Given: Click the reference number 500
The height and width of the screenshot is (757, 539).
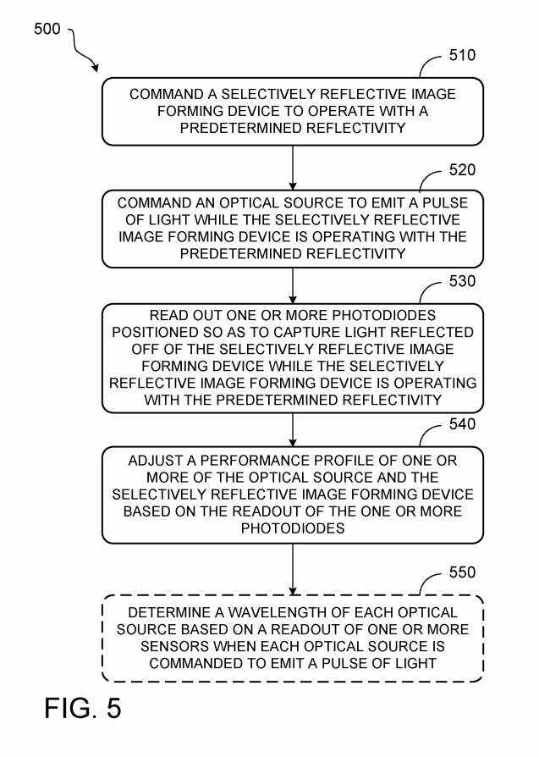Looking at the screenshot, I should coord(47,29).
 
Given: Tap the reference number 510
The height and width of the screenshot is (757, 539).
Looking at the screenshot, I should coord(461,56).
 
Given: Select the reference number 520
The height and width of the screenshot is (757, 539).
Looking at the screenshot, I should coord(461,169).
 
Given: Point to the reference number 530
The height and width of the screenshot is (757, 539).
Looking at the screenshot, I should coord(461,281).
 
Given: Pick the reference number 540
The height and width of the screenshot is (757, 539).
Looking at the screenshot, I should coord(461,423).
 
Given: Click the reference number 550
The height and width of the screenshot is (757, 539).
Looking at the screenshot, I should coord(461,572).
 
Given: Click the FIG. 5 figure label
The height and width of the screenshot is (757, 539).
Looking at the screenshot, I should coord(83,708).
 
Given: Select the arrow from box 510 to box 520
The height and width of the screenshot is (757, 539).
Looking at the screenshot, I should coord(293,168).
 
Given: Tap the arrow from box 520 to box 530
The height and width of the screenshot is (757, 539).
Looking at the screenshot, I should coord(293,285).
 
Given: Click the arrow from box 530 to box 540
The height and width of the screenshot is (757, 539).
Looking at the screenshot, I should coord(293,430).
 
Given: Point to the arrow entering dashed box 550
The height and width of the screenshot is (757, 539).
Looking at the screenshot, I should coord(293,569).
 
